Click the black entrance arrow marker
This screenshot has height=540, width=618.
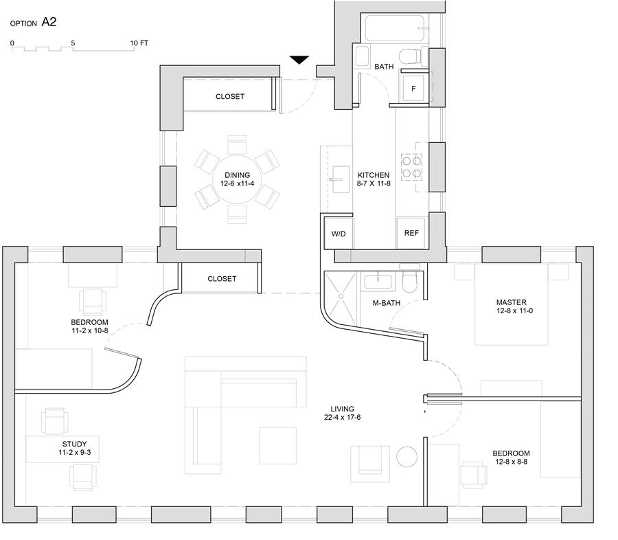(x=299, y=60)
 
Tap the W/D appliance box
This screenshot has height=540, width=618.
(x=338, y=234)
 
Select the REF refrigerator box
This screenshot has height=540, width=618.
(x=411, y=233)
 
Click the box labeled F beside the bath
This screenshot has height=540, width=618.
(x=413, y=89)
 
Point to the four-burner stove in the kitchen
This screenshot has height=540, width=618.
(x=412, y=167)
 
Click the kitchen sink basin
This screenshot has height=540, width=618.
(x=340, y=179)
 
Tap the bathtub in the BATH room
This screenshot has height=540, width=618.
(x=396, y=27)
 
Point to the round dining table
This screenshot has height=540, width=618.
(x=237, y=179)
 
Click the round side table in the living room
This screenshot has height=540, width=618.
(x=407, y=457)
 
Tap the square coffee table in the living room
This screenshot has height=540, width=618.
(x=278, y=445)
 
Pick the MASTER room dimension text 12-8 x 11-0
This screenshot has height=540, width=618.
(x=514, y=311)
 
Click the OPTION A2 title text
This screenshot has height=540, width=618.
(x=33, y=23)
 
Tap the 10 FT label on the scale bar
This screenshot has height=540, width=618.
(x=139, y=43)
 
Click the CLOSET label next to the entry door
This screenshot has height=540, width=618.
(x=230, y=96)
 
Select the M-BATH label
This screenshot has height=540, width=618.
(x=386, y=303)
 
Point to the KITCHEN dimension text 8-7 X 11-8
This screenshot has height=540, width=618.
(x=374, y=183)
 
